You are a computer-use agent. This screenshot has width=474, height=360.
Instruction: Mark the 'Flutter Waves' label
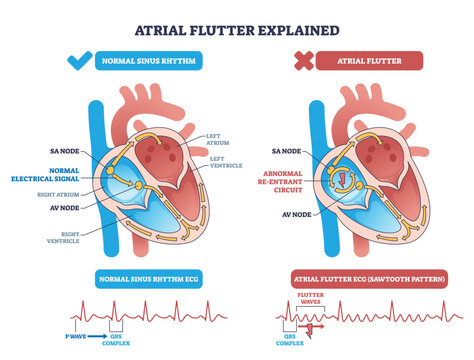(x=314, y=298)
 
